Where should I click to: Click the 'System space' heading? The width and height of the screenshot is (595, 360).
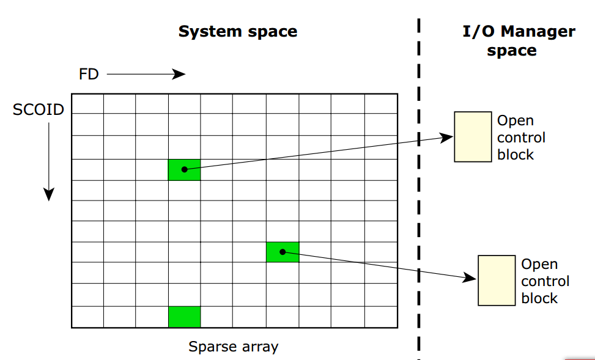tap(237, 32)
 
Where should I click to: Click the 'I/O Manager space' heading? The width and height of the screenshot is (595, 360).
tap(519, 40)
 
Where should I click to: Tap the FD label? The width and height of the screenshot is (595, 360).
tap(89, 75)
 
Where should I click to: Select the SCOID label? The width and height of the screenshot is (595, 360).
tap(39, 110)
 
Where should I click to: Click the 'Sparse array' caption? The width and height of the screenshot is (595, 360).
tap(233, 347)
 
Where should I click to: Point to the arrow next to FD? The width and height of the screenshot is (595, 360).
tap(146, 75)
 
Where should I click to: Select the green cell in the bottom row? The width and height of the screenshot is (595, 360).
tap(184, 317)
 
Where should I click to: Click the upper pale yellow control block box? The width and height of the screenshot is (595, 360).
tap(472, 136)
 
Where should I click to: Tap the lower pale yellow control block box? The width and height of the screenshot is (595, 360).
tap(496, 280)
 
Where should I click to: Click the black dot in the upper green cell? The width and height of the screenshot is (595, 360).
tap(184, 169)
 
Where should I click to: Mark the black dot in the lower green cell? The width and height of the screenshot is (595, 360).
tap(283, 251)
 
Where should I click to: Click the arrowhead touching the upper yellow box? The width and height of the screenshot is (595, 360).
tap(448, 138)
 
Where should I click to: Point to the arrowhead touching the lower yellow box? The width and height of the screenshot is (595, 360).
tap(471, 278)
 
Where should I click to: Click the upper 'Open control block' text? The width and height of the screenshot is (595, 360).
tap(521, 138)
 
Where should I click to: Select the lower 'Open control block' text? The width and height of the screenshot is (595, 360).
tap(545, 281)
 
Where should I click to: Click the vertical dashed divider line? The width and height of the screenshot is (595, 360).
tap(419, 183)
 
